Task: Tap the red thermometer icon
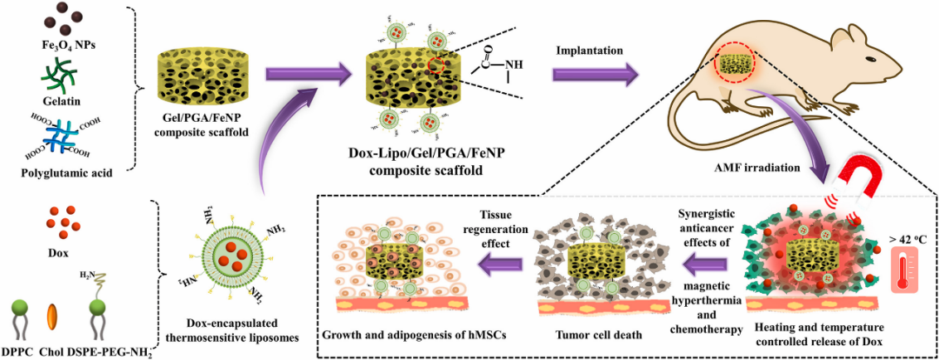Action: click(903, 270)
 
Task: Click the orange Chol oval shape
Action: click(52, 319)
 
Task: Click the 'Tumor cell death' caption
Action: click(591, 338)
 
